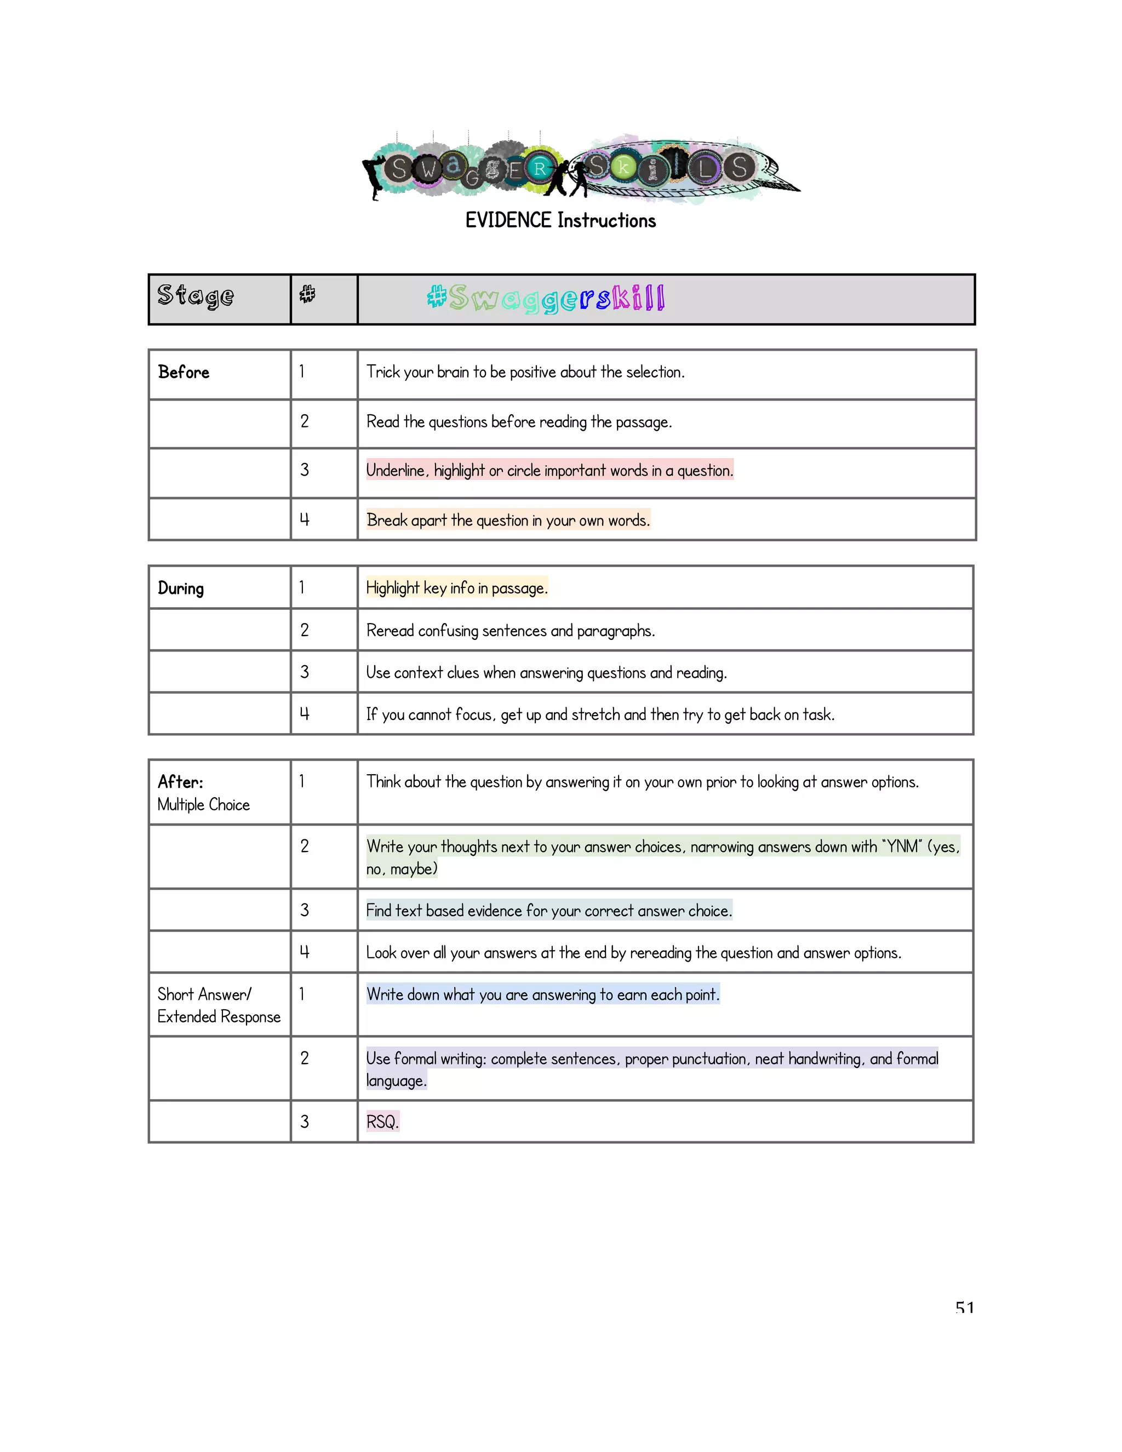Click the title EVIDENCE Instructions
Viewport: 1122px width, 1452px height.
pos(560,221)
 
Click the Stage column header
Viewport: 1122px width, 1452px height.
pos(196,296)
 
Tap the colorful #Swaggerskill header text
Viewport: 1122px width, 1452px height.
pos(546,298)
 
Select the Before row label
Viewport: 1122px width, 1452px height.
pos(184,372)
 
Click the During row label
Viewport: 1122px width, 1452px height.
pos(181,588)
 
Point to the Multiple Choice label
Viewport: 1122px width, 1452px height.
pos(203,804)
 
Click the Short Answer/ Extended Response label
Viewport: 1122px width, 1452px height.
pos(219,1005)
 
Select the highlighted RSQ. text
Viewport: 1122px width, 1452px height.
pos(382,1122)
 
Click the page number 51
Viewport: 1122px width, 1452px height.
pos(964,1308)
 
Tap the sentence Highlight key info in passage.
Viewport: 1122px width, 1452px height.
pos(457,588)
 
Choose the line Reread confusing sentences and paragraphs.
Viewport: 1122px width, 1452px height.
pos(511,630)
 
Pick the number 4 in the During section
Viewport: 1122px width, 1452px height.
pos(305,714)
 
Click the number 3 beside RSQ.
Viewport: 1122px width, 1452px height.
pos(305,1122)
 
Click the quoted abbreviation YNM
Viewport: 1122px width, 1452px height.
pos(902,847)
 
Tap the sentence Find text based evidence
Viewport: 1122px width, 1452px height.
pos(549,911)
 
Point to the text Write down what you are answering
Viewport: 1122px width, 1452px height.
pos(542,994)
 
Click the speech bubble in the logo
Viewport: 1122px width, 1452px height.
pos(685,169)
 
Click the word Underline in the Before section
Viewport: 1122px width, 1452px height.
pos(396,471)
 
